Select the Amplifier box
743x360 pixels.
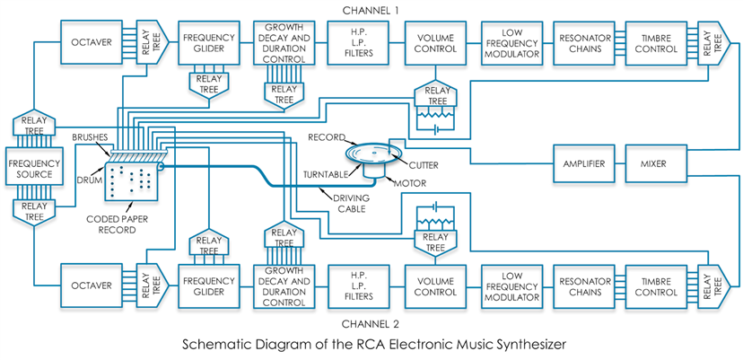[584, 164]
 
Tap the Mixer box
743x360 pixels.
[660, 164]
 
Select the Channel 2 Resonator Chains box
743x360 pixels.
[584, 285]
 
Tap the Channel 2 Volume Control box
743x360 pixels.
[434, 285]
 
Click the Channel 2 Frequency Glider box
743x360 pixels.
[208, 285]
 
